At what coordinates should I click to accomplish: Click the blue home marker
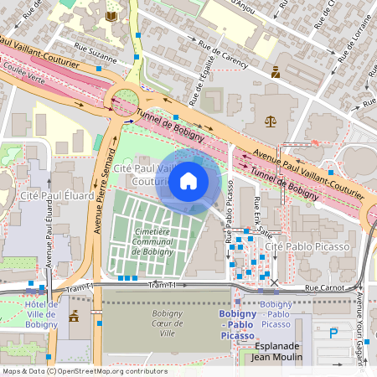point(188,181)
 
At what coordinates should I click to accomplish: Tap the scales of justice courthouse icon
point(270,121)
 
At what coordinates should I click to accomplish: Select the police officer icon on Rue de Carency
point(275,73)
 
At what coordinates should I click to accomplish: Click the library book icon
point(111,16)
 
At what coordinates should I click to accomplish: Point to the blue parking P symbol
point(334,333)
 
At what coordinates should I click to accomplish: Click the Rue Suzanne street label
point(96,51)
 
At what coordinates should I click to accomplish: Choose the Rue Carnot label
point(325,288)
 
